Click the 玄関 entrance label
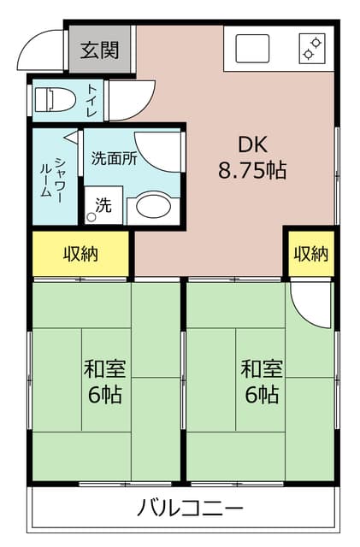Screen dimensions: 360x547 (x=100, y=50)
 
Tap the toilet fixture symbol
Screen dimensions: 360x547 (x=56, y=99)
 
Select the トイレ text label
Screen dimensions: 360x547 (x=92, y=100)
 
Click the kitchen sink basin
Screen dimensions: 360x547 (x=252, y=49)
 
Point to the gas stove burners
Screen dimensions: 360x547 (x=312, y=49)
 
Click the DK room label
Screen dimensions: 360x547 (x=252, y=144)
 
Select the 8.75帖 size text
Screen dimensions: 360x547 (x=252, y=170)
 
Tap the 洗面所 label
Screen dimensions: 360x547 (x=115, y=159)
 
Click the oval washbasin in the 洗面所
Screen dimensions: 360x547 (x=154, y=207)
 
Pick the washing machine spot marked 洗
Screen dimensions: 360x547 (x=103, y=205)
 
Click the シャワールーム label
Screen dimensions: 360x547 (x=51, y=178)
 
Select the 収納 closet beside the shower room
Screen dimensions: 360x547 (x=80, y=254)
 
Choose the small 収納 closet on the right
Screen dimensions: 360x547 (x=310, y=254)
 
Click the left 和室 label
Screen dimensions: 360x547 (x=104, y=368)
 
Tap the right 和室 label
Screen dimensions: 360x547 (x=262, y=368)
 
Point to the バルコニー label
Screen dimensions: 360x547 (x=190, y=508)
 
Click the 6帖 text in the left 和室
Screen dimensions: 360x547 (x=105, y=395)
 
